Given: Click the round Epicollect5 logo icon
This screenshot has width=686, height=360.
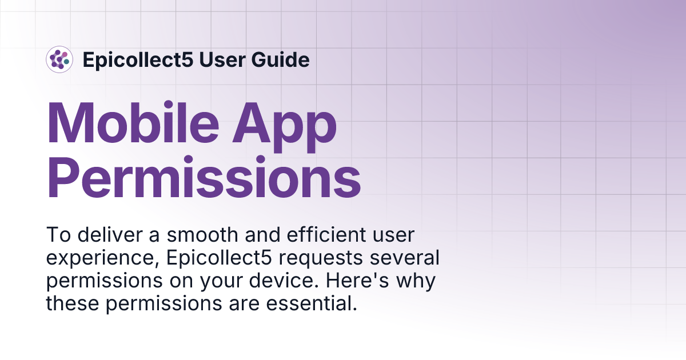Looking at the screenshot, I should point(59,59).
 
